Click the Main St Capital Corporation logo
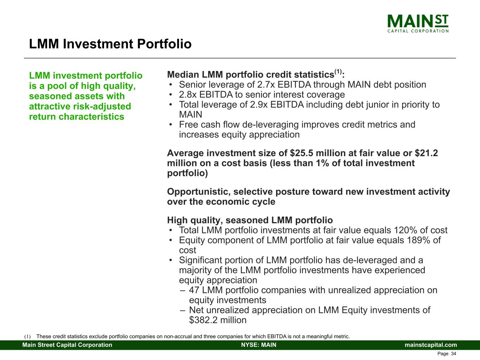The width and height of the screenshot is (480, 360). (418, 23)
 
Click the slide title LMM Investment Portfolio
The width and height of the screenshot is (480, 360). (110, 44)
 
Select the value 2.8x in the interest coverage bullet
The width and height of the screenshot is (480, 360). (187, 95)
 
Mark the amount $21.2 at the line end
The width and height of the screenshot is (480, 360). (426, 153)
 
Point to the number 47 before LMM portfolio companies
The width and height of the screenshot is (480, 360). (194, 290)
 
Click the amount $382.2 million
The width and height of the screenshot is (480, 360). (218, 320)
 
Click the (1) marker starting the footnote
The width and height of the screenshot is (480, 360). (27, 337)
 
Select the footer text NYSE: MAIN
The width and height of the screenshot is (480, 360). (258, 345)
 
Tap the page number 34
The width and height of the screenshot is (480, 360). (453, 354)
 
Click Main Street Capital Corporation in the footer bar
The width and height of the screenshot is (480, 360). (67, 345)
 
